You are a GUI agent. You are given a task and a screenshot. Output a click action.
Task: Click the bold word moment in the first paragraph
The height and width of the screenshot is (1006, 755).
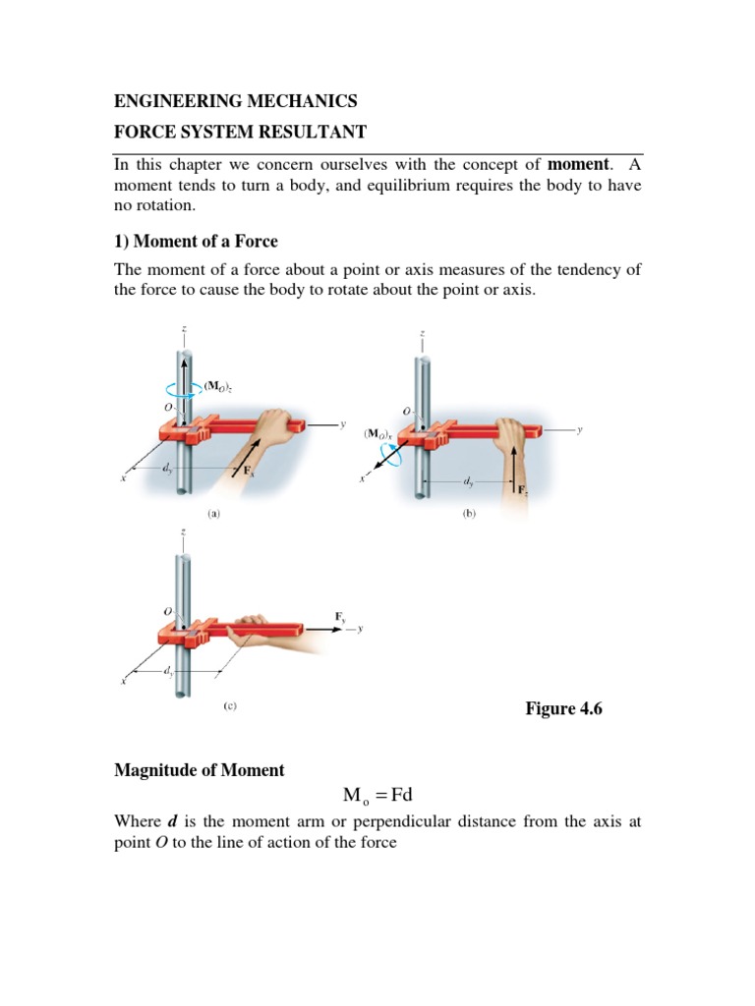click(x=578, y=163)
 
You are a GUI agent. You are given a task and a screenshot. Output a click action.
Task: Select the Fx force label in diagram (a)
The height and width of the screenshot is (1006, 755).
click(x=252, y=471)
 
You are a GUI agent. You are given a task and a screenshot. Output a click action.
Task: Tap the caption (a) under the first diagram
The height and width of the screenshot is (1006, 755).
click(x=213, y=512)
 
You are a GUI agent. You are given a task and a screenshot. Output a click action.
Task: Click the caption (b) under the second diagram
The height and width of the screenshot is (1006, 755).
click(x=469, y=512)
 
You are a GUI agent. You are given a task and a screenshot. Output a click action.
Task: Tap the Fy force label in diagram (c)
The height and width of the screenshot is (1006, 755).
click(x=340, y=616)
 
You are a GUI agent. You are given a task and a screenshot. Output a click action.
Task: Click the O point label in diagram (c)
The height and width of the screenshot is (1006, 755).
click(x=168, y=611)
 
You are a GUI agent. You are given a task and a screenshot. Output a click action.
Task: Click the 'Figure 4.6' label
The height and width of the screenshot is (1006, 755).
click(x=563, y=709)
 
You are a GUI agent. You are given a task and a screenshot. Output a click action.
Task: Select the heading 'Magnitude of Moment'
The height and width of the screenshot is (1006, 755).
click(x=200, y=770)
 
